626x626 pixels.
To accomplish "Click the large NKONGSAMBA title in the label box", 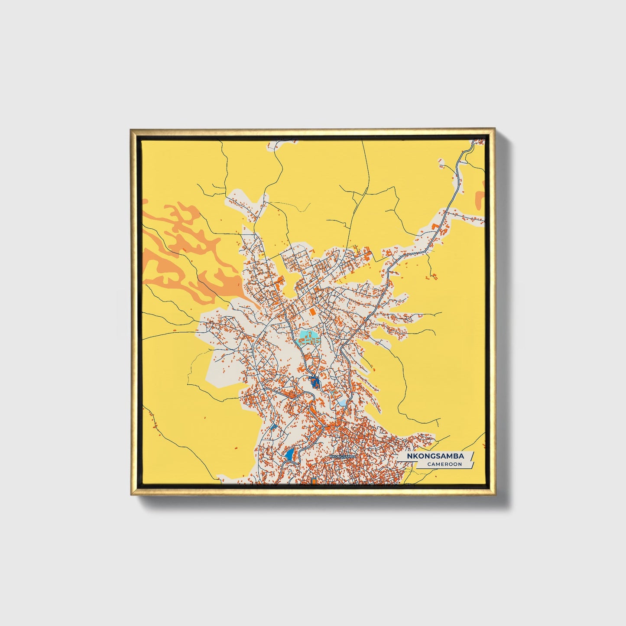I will click(436, 456).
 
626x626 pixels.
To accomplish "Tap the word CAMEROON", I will click(444, 464).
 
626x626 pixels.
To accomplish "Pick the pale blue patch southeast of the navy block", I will click(343, 402).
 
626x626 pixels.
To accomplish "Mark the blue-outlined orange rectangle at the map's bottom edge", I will click(314, 481).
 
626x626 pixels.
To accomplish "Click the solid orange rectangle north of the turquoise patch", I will click(312, 311).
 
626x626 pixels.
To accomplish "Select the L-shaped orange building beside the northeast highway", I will click(435, 227).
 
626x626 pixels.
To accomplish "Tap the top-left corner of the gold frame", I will click(131, 130).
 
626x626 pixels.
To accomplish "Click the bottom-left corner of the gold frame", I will click(131, 494).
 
